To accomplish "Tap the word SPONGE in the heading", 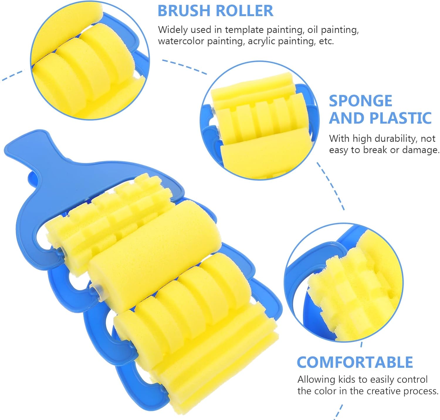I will pyautogui.click(x=360, y=101).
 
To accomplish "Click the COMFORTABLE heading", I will pyautogui.click(x=355, y=362).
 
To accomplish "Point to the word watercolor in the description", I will pyautogui.click(x=181, y=41).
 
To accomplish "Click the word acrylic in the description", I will pyautogui.click(x=261, y=41).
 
